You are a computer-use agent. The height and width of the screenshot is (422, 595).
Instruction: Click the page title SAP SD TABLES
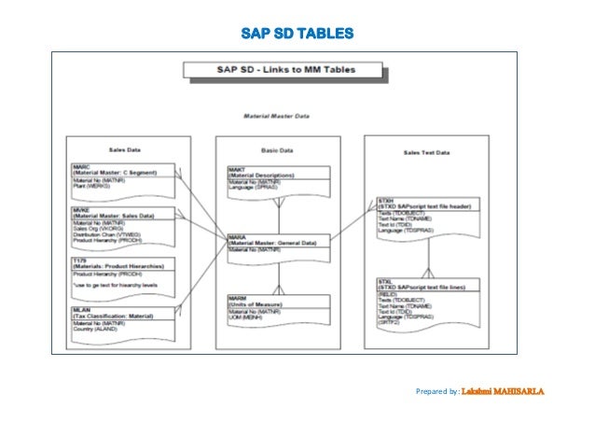tap(297, 35)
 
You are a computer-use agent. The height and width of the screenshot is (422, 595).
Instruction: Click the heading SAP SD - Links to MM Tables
tap(283, 70)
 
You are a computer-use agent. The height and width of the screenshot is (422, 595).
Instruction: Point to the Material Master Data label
tap(276, 117)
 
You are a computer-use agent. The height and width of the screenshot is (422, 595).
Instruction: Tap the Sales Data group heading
tap(126, 148)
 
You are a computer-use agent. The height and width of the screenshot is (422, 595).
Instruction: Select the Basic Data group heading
tap(276, 148)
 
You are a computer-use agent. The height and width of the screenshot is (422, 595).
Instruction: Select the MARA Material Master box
tap(277, 245)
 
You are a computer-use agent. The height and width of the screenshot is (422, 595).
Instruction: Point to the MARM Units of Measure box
tap(277, 307)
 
